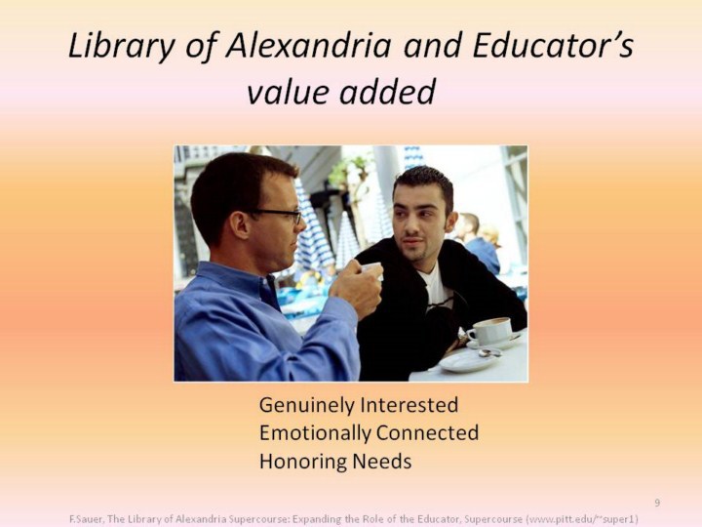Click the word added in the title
coord(387,91)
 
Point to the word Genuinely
coord(307,406)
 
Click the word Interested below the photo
coord(409,405)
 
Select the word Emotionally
coord(315,433)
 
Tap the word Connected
coord(428,433)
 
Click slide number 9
coord(657,503)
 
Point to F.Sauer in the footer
coord(87,519)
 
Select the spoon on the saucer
coord(490,353)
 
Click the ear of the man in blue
coord(240,225)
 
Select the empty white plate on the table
coord(466,361)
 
